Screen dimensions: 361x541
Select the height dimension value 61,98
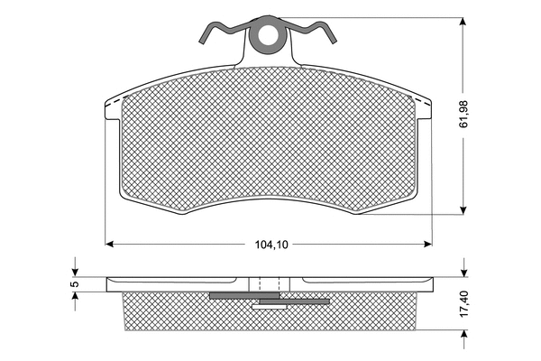pyautogui.click(x=464, y=112)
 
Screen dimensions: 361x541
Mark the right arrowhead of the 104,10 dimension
pyautogui.click(x=428, y=243)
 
